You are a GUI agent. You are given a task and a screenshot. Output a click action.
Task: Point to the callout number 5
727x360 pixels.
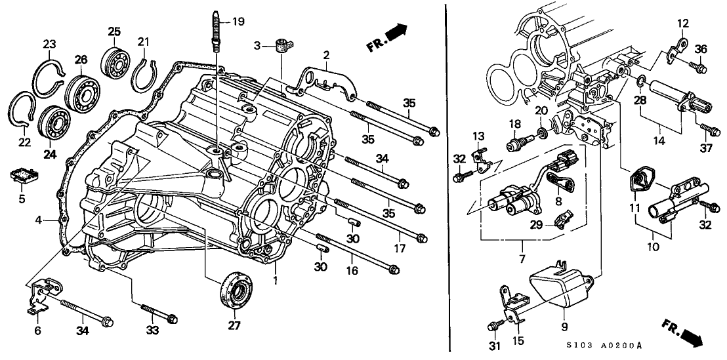(21, 199)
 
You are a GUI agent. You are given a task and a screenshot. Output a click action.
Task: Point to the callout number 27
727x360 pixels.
(234, 325)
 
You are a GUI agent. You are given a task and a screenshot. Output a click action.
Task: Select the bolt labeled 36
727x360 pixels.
(698, 67)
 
